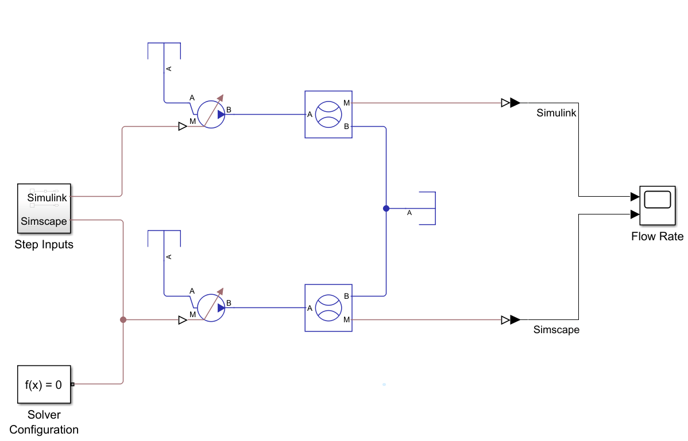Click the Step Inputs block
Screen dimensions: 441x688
click(x=44, y=209)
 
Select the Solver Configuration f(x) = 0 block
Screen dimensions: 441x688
click(x=44, y=384)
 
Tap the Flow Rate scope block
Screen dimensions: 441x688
click(x=658, y=205)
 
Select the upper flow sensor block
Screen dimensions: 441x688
click(x=328, y=114)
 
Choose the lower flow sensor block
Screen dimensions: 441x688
click(x=328, y=308)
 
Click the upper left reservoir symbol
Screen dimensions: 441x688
click(x=164, y=52)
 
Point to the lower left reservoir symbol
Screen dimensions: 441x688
click(x=164, y=239)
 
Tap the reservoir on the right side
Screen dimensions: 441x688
click(x=427, y=208)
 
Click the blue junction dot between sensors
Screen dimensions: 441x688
click(x=386, y=208)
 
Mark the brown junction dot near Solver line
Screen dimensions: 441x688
click(x=123, y=320)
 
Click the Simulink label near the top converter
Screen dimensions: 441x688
click(x=556, y=113)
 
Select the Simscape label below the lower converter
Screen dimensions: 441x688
click(x=556, y=330)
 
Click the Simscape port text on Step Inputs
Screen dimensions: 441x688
click(x=44, y=221)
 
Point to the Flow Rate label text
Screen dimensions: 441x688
click(x=658, y=236)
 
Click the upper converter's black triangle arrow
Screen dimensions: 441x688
click(x=515, y=103)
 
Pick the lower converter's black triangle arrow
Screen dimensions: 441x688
click(x=515, y=319)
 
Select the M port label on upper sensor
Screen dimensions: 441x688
click(x=346, y=103)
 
